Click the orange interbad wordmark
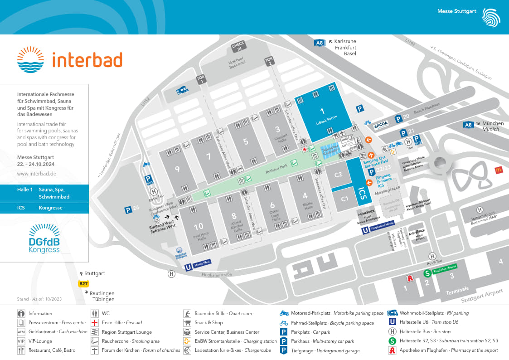(87, 60)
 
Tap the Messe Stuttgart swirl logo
(492, 17)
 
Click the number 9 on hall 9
(177, 169)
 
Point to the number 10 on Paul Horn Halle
(198, 226)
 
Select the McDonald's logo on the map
(498, 170)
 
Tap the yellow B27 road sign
(83, 284)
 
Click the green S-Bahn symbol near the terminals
(427, 273)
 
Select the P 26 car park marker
(128, 210)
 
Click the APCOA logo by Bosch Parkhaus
(381, 123)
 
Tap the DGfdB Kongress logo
(44, 238)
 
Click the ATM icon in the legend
(21, 332)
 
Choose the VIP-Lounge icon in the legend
(21, 341)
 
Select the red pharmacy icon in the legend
(392, 350)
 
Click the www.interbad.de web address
(37, 173)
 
